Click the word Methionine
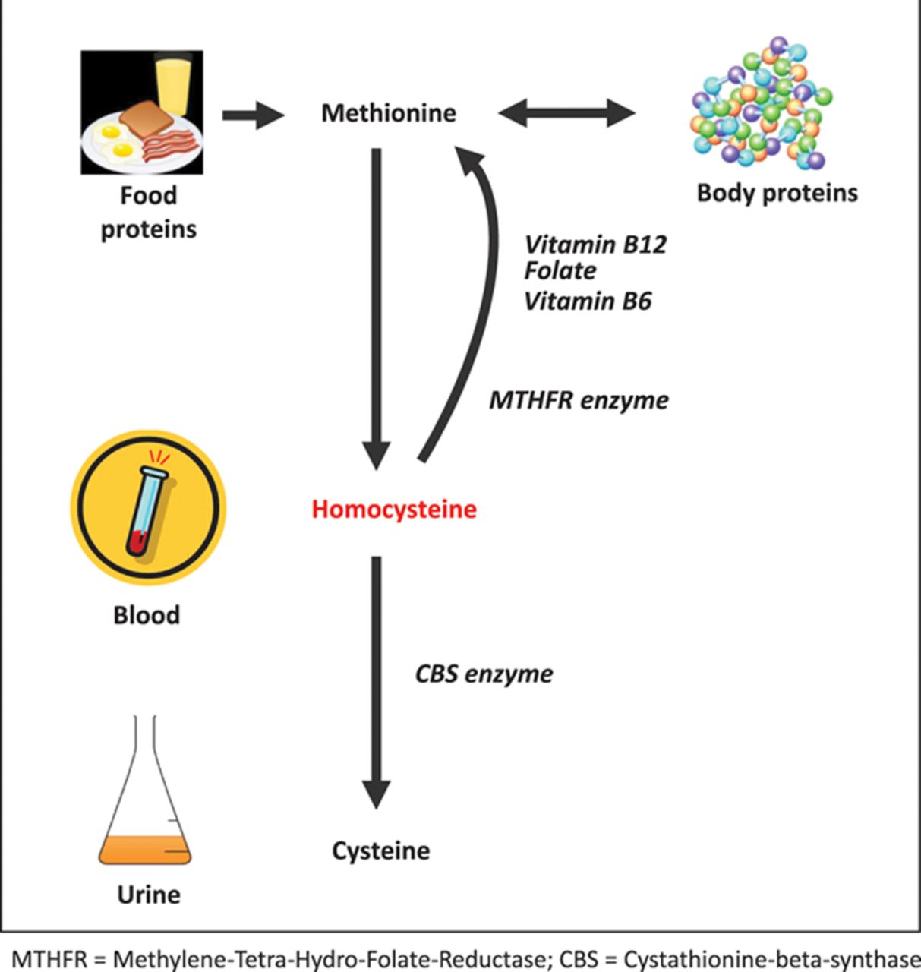tap(389, 113)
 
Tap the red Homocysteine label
tap(394, 510)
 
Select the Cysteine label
tap(380, 851)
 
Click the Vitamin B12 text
tap(595, 245)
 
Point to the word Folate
tap(560, 271)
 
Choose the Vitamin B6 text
tap(588, 301)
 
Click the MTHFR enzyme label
tap(579, 400)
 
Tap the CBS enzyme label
tap(484, 674)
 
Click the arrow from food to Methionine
tap(254, 115)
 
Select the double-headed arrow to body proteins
tap(566, 113)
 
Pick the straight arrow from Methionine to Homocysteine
tap(377, 308)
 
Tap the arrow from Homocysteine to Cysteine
tap(377, 682)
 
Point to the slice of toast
tap(146, 120)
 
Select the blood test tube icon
tap(148, 508)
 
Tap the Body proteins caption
tap(777, 194)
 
